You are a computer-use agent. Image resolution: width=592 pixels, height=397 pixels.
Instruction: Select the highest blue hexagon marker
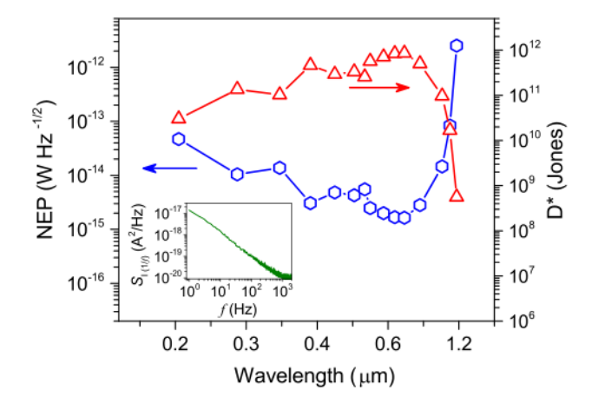(x=457, y=45)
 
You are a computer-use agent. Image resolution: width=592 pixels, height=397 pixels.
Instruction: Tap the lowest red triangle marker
(x=457, y=196)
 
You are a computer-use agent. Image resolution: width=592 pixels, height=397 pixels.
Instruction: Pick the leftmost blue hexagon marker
(x=179, y=139)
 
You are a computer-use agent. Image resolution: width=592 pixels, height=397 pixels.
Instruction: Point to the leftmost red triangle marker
(x=179, y=117)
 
